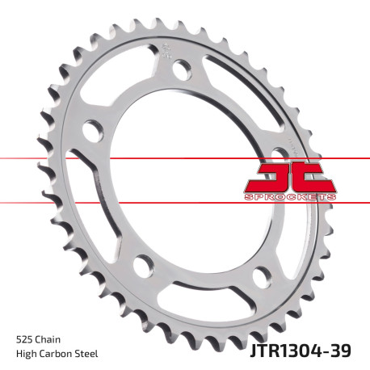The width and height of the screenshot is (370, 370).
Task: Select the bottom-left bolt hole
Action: [143, 263]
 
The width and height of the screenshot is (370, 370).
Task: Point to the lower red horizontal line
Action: [121, 201]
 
